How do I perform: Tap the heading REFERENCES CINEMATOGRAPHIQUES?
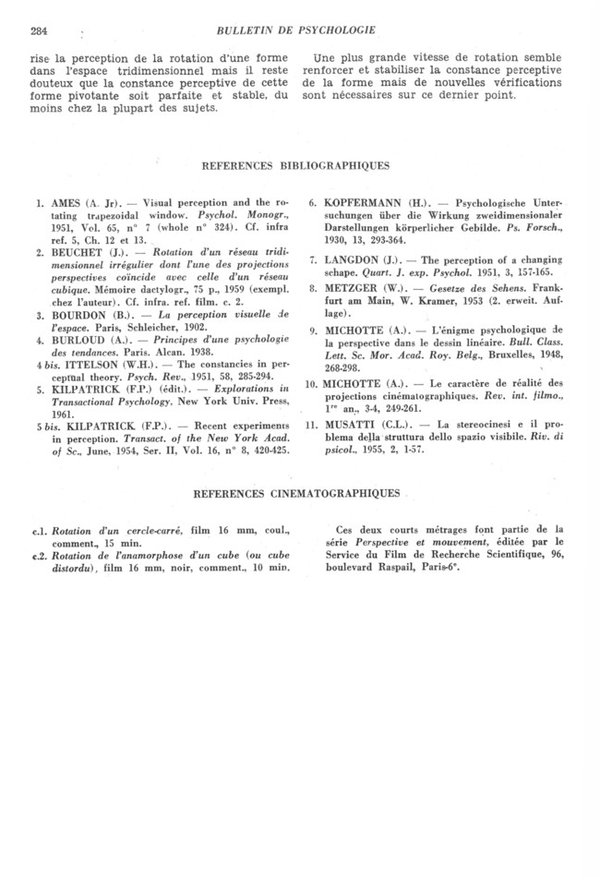297,495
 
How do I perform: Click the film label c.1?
41,531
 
